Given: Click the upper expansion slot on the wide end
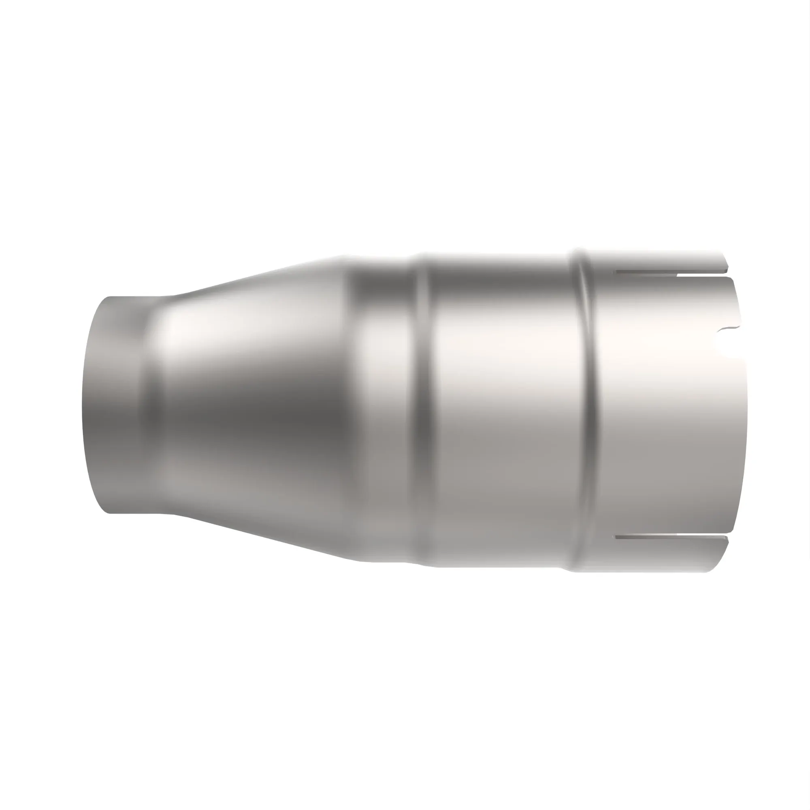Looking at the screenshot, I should pos(671,273).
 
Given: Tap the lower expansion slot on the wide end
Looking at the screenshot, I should pos(671,537).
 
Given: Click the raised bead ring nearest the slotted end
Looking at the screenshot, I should pos(587,403).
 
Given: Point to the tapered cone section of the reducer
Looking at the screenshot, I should pos(252,403).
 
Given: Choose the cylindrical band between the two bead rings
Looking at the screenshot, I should pos(503,403).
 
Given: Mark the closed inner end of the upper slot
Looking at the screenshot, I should pos(616,273).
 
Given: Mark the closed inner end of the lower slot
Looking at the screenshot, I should pos(616,537).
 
